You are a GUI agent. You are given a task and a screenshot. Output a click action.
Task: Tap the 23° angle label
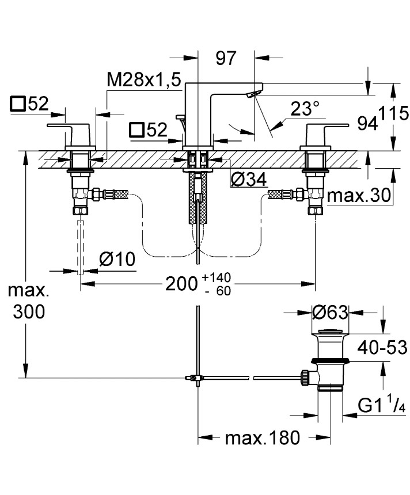(305, 108)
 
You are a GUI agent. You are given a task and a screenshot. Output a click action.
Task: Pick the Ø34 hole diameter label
(248, 180)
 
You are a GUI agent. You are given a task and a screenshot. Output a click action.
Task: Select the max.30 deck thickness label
(359, 197)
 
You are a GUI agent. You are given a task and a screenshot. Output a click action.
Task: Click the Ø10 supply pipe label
(117, 260)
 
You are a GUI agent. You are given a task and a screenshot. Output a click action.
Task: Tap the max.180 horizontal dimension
(262, 439)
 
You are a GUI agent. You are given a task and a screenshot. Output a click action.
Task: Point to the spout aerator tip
(253, 94)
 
